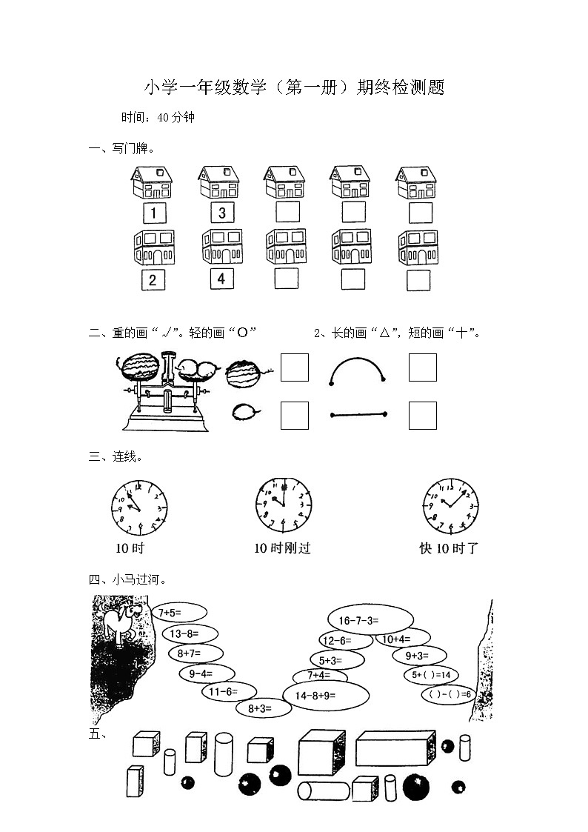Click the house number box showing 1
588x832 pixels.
point(154,213)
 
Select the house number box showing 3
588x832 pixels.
point(221,213)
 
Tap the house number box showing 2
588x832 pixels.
point(153,280)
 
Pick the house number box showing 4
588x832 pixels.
point(220,279)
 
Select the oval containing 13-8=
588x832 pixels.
point(190,633)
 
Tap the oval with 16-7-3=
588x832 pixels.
point(370,620)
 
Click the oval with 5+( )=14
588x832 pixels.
point(432,675)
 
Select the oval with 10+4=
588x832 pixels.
point(402,639)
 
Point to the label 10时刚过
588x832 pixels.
point(282,548)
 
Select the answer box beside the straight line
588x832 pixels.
point(422,415)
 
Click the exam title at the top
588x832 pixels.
point(294,88)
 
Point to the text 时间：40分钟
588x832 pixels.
point(158,117)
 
